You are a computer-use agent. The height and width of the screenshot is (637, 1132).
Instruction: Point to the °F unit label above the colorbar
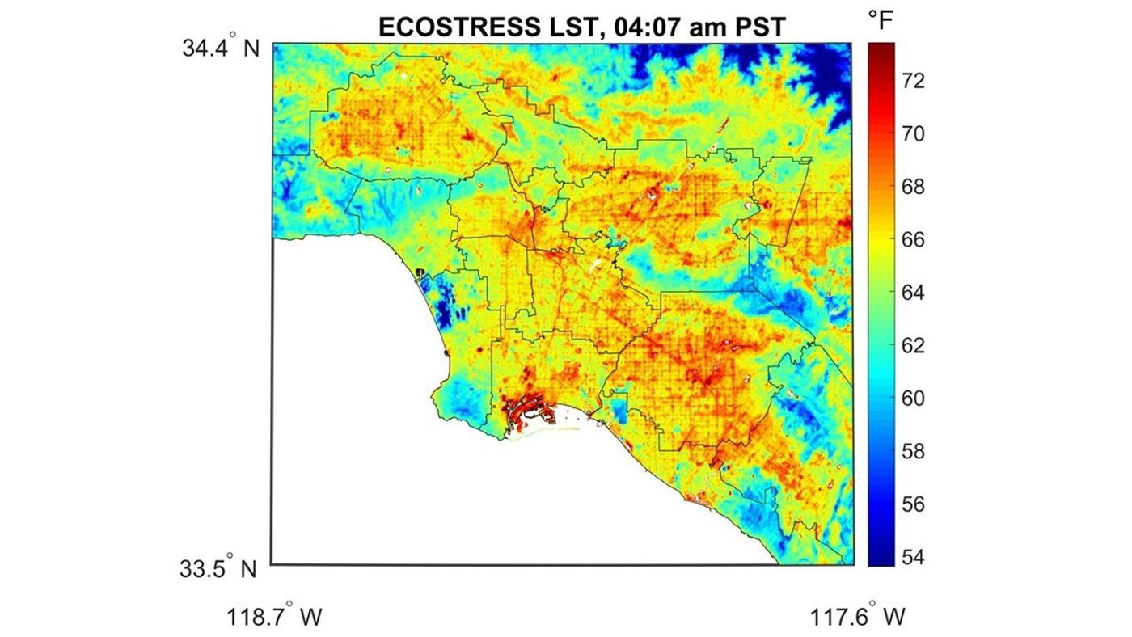881,22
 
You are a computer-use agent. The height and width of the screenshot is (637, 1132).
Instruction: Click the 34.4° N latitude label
219,49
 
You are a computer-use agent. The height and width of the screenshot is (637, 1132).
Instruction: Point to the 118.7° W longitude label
275,617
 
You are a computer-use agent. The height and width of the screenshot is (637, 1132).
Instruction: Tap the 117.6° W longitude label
857,617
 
